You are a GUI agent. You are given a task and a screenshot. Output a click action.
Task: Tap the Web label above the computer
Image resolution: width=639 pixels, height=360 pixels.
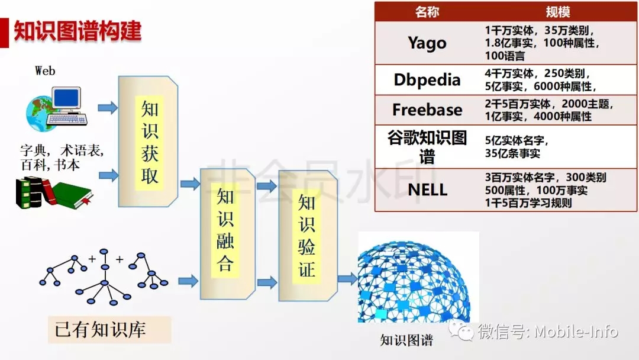tap(45, 71)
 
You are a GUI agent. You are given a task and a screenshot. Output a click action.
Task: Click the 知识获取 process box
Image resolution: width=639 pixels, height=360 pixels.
tap(149, 142)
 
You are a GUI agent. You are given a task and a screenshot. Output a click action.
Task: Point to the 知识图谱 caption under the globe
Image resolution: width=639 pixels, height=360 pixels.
tap(406, 340)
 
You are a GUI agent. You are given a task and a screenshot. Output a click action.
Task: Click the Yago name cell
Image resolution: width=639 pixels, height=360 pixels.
tap(427, 43)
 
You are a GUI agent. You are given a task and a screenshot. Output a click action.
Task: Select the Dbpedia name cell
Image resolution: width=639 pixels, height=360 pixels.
tap(427, 80)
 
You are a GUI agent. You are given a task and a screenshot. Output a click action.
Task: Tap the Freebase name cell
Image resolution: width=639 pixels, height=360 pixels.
tap(427, 110)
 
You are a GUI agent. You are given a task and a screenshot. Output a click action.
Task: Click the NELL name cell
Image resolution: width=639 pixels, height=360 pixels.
tap(427, 190)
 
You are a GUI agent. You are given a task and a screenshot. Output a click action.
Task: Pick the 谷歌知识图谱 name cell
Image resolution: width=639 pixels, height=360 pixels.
tap(427, 146)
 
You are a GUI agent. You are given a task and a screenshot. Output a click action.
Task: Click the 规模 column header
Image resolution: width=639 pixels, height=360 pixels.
tap(557, 12)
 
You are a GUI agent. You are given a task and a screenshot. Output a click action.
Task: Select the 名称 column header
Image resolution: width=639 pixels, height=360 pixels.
tap(427, 12)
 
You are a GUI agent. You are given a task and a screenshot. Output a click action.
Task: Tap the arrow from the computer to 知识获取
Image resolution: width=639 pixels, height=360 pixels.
tap(107, 108)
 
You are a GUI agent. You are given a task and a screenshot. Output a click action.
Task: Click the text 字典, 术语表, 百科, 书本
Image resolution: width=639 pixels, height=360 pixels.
tap(62, 157)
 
